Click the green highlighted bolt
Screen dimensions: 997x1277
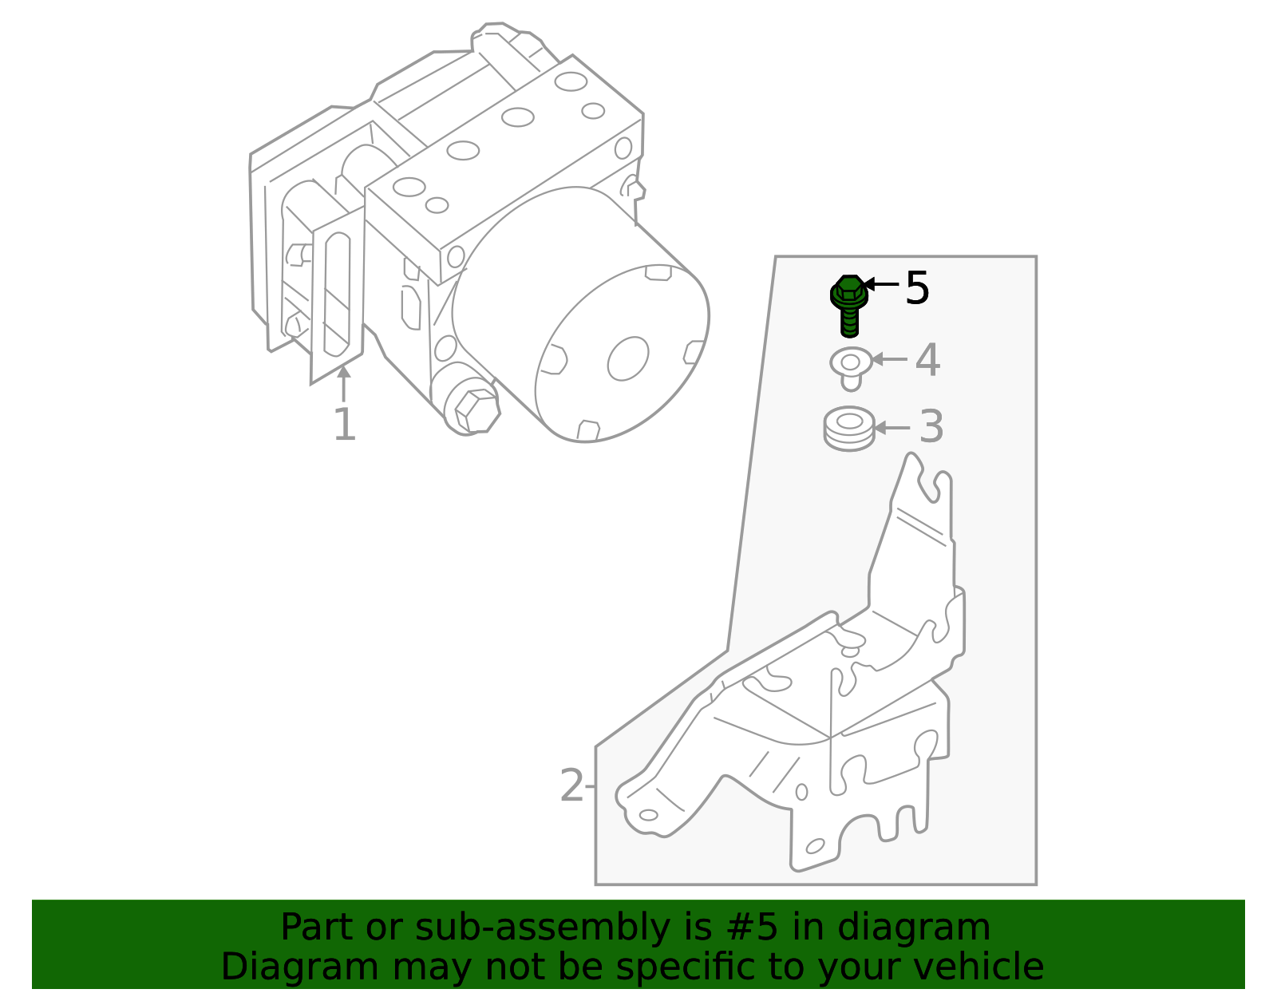(849, 304)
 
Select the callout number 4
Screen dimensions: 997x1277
(927, 361)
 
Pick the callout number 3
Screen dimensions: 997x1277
(931, 427)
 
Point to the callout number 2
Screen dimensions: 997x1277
(571, 786)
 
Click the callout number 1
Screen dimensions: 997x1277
(344, 425)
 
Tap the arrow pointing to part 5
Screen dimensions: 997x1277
(881, 283)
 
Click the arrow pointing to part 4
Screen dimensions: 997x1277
(889, 359)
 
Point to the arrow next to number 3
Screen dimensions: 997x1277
(892, 428)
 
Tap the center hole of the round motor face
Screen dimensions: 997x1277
(628, 358)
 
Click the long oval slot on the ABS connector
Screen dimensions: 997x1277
(338, 294)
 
